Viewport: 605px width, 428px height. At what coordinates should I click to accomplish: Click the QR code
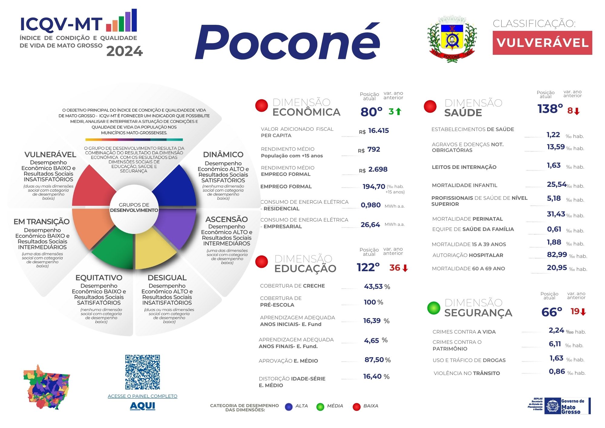coord(142,372)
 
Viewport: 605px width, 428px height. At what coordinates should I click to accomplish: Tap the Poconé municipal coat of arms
coord(452,39)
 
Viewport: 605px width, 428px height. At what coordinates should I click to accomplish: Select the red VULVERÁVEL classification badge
coord(542,43)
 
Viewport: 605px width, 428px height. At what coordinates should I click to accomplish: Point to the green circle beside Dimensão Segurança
coord(433,308)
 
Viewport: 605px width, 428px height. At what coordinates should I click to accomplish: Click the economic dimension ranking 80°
coord(371,112)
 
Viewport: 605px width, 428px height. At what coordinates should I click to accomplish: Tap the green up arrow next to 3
coord(398,112)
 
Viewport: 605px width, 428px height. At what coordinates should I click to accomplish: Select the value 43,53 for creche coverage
coord(374,286)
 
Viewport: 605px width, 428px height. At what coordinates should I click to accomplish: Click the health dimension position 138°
coord(550,109)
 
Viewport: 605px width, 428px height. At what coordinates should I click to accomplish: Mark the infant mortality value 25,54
coord(556,184)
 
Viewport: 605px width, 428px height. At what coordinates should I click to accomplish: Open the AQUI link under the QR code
coord(142,406)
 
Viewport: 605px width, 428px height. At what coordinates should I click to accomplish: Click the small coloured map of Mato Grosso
coord(47,387)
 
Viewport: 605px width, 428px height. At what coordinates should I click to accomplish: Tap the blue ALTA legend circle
coord(289,407)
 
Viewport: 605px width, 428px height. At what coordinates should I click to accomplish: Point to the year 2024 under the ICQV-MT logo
coord(124,51)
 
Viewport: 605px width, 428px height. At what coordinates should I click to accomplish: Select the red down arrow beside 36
coord(405,268)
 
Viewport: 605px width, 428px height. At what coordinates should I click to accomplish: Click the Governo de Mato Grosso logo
coord(560,406)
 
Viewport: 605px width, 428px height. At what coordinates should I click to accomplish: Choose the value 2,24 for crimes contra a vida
coord(556,330)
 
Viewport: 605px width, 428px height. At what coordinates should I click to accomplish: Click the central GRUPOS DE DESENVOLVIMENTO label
coord(134,208)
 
